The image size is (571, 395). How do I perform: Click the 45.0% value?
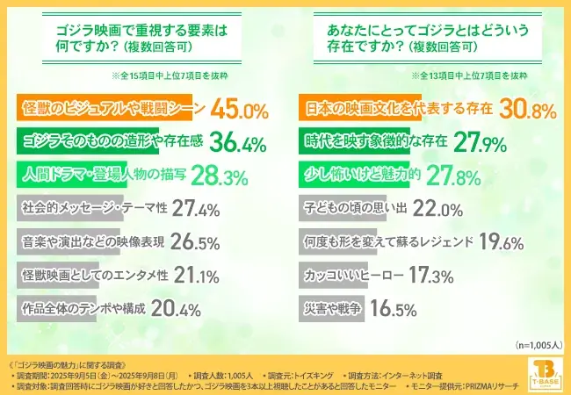237,110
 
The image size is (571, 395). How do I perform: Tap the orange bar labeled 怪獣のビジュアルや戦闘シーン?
111,110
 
